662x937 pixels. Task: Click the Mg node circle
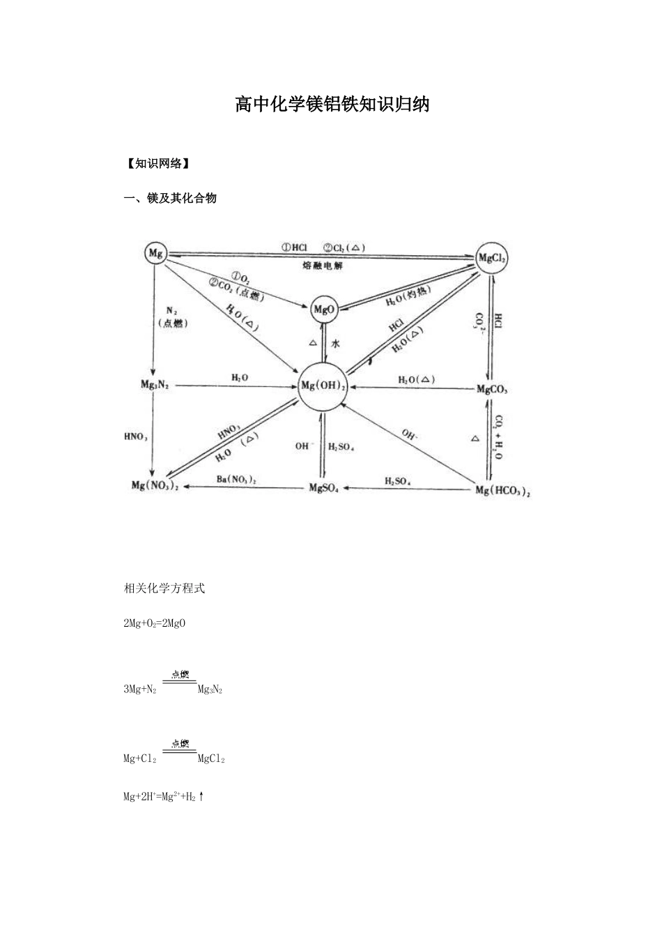(x=156, y=254)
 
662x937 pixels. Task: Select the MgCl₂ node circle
(x=493, y=259)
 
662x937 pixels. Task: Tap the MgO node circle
(x=324, y=310)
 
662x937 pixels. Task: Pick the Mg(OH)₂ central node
(x=323, y=386)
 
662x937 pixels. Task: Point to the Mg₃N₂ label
(x=155, y=385)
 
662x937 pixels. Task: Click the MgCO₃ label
(x=492, y=389)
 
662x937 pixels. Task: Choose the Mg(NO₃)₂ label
(x=155, y=486)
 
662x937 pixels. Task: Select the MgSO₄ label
(x=323, y=487)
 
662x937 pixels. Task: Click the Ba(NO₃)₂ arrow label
(x=236, y=480)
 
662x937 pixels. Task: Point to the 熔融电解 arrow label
(x=323, y=266)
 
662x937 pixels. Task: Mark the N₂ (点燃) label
(x=172, y=317)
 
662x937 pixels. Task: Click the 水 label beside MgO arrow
(x=335, y=344)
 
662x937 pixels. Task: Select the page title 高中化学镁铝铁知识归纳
(x=332, y=105)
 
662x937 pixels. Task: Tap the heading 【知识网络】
(x=157, y=164)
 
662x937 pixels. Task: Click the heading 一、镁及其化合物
(x=170, y=198)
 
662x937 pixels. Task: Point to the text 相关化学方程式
(x=164, y=588)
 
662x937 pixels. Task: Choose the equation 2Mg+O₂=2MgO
(x=154, y=623)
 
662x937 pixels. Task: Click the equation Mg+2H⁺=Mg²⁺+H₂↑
(x=164, y=796)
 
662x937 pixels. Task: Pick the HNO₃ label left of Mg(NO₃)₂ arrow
(x=135, y=436)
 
